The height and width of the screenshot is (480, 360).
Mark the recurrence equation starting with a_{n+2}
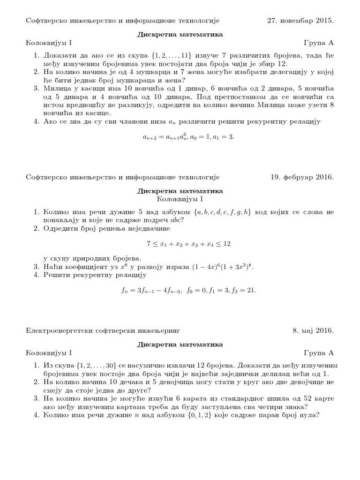tap(188, 136)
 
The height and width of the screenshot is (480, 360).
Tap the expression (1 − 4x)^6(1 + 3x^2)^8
tap(223, 267)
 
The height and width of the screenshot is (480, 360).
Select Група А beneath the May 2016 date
tap(319, 352)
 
